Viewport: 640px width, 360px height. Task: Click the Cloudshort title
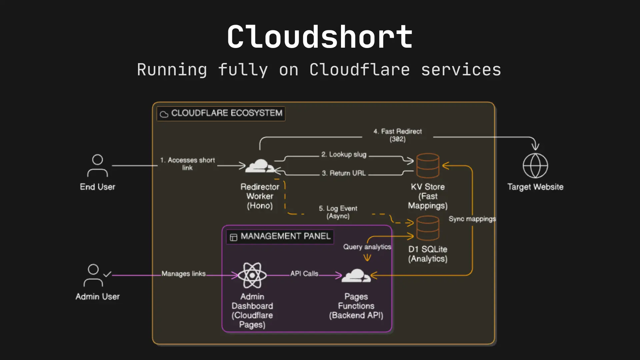coord(320,37)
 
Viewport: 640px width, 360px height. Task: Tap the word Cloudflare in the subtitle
coord(359,70)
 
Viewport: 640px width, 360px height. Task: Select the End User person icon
coord(97,166)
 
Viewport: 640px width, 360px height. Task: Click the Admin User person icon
coord(94,275)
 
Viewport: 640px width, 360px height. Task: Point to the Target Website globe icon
coord(535,166)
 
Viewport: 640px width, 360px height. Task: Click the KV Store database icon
coord(428,166)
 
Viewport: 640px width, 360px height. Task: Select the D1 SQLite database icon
coord(428,228)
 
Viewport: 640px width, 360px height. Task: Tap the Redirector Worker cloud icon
coord(260,166)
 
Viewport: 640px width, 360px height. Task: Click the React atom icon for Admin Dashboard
coord(252,275)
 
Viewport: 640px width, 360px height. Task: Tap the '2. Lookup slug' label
coord(344,154)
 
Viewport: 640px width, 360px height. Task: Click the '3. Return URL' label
coord(344,173)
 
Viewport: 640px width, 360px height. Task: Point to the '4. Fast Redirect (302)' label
coord(397,135)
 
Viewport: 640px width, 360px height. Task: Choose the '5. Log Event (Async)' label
coord(338,212)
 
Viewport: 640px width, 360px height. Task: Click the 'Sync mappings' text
coord(472,219)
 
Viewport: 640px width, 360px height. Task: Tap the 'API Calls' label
coord(304,274)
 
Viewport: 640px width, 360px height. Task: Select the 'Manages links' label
coord(183,274)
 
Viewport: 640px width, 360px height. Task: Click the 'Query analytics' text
coord(367,247)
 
